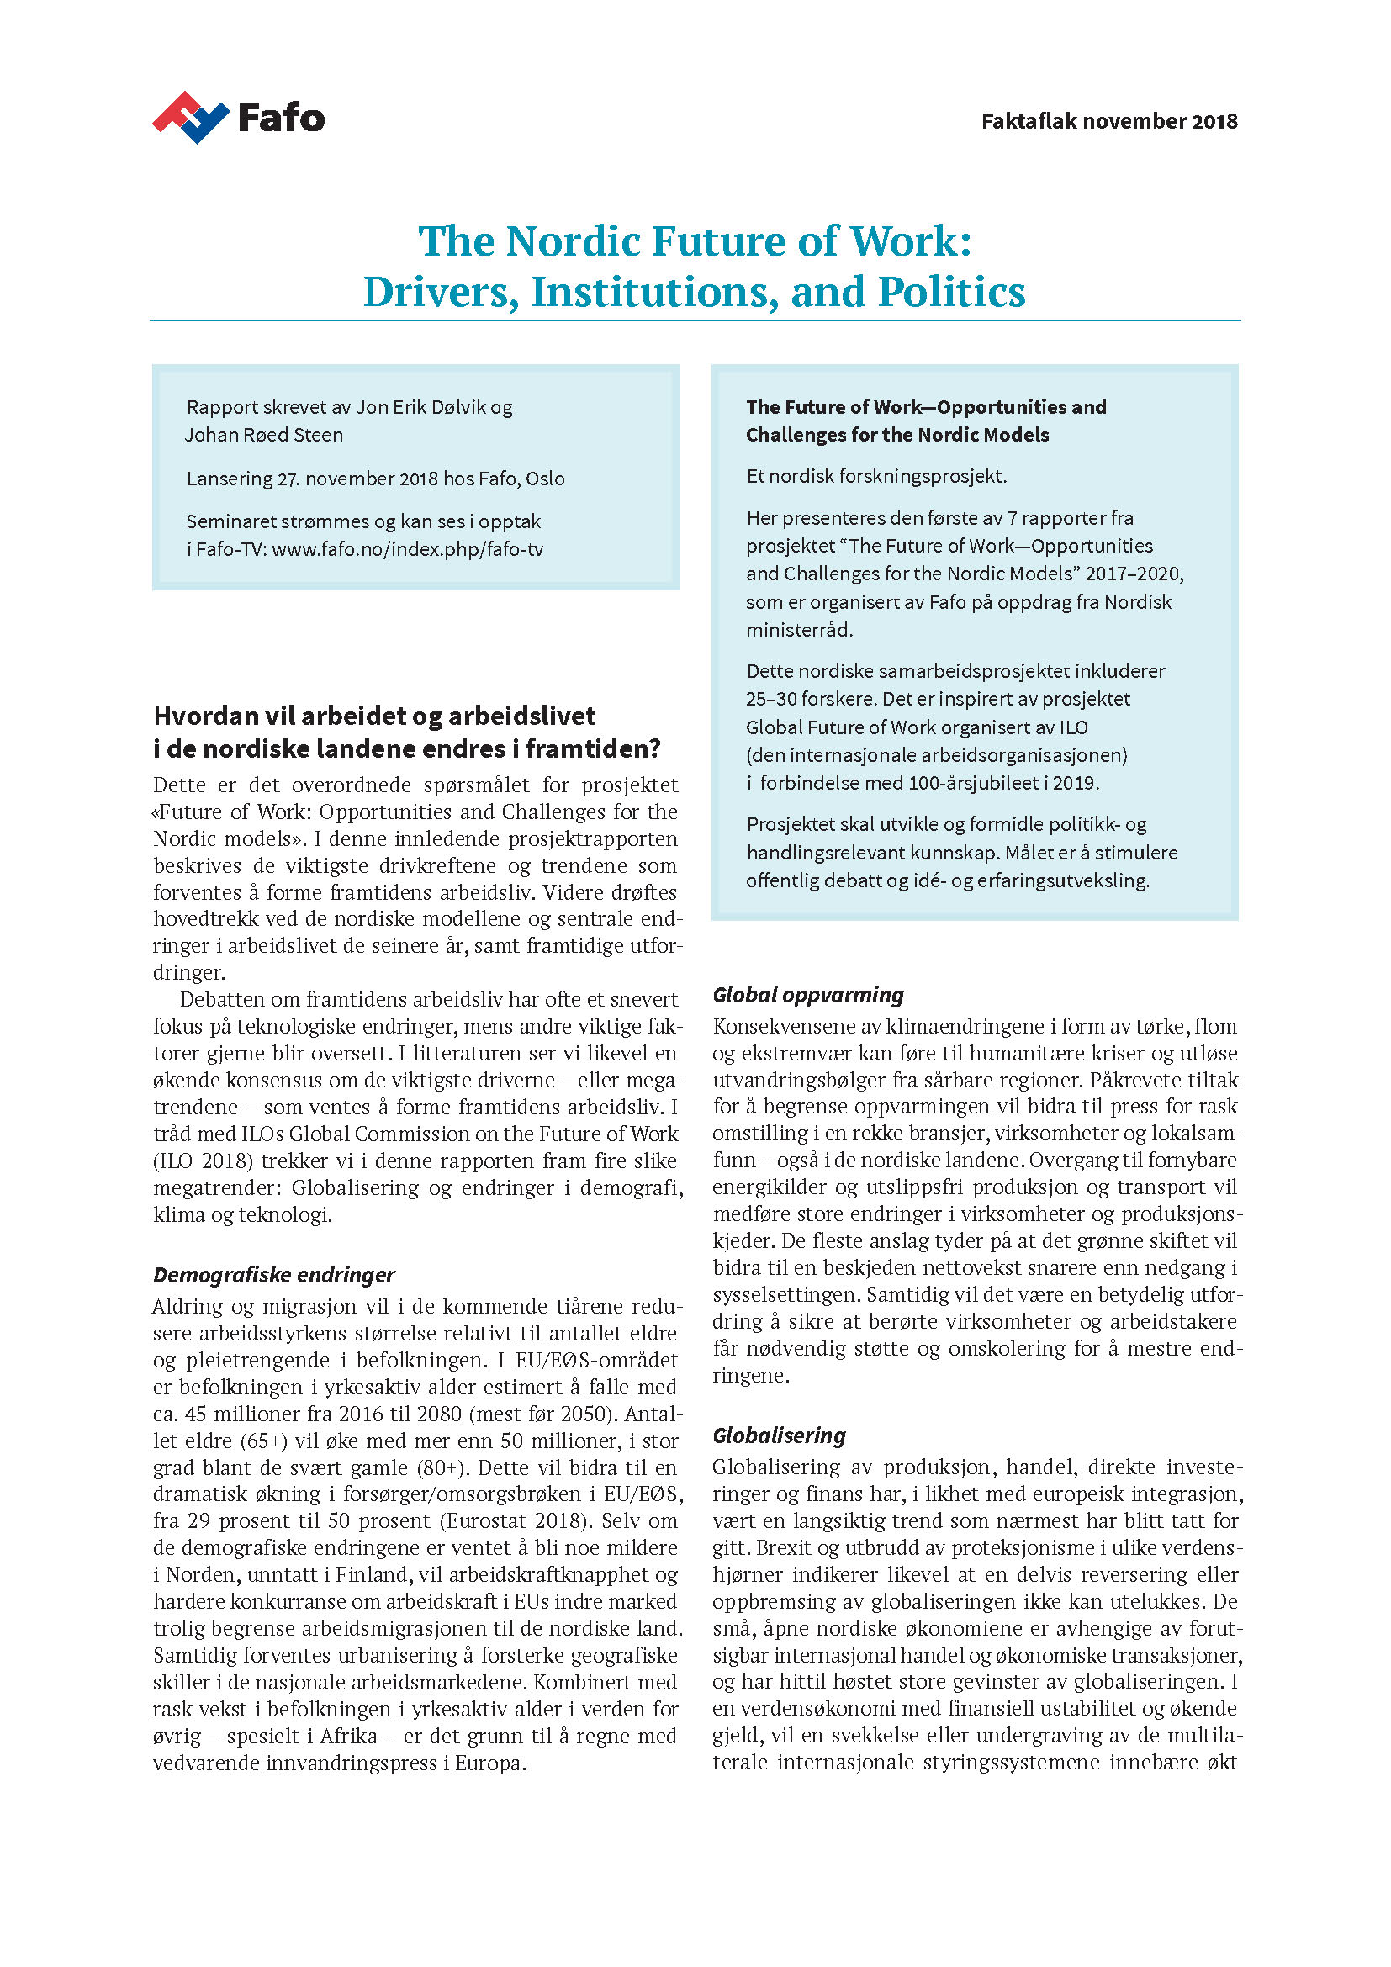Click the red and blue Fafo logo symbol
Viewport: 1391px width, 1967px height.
tap(190, 118)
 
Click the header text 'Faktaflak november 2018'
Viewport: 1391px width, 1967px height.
tap(1108, 122)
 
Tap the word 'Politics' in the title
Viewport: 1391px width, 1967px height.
tap(951, 292)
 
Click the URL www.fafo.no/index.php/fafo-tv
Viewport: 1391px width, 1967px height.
tap(407, 549)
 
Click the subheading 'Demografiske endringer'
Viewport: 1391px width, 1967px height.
tap(274, 1275)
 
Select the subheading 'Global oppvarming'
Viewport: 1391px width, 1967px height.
tap(807, 995)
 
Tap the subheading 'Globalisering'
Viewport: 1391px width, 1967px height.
tap(779, 1435)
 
